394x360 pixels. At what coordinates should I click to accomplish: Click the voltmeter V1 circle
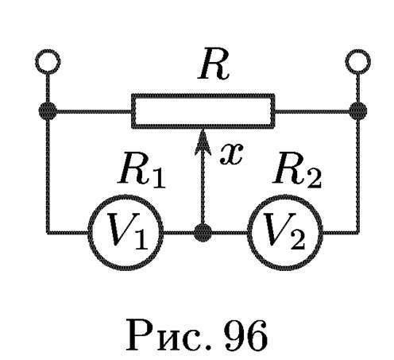tap(126, 195)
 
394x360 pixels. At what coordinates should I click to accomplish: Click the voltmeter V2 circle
tap(285, 195)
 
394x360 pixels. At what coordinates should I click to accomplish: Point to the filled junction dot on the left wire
tap(48, 110)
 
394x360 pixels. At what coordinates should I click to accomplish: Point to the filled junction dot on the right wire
tap(358, 110)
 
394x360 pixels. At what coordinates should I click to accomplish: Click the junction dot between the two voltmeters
tap(203, 233)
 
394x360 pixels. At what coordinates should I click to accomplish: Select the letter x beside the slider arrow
tap(231, 154)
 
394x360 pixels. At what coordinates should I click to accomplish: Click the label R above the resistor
tap(214, 65)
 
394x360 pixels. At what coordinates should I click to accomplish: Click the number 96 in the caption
tap(245, 335)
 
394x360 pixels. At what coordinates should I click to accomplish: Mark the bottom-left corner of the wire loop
tap(48, 233)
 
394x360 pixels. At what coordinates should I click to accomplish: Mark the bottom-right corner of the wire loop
tap(358, 233)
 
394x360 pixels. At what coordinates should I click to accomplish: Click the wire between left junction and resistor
tap(94, 111)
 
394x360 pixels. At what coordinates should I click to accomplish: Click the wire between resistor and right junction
tap(312, 111)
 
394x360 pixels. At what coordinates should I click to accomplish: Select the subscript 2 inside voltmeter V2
tap(297, 241)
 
